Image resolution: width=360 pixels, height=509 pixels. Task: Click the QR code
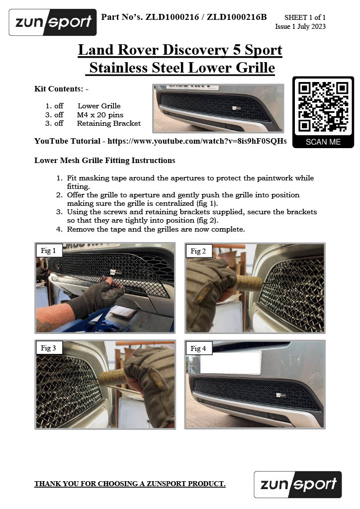click(323, 107)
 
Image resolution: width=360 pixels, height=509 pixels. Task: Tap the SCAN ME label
click(323, 142)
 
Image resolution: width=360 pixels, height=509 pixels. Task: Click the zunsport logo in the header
click(53, 22)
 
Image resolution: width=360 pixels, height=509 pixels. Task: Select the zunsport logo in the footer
click(298, 484)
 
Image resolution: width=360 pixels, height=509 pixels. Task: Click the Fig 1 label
click(48, 251)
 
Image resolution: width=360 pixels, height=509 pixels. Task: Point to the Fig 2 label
click(198, 251)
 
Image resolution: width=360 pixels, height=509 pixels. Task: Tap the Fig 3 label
click(48, 348)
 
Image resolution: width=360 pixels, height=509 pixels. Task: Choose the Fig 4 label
click(198, 348)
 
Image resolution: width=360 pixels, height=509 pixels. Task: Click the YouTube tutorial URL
click(197, 141)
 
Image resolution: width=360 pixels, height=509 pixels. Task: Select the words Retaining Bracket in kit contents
click(109, 123)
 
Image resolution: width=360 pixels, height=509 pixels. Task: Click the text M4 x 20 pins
click(100, 115)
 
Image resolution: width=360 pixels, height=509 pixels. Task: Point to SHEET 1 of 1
click(305, 17)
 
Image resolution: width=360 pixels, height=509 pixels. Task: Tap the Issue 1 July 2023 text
click(300, 26)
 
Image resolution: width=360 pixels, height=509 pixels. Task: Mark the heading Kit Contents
click(61, 88)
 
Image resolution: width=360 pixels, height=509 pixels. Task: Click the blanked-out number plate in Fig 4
click(231, 362)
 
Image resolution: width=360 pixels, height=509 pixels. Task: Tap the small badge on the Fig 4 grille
click(281, 395)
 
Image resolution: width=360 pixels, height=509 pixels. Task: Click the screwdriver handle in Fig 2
click(249, 283)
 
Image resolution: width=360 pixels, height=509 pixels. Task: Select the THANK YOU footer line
click(130, 484)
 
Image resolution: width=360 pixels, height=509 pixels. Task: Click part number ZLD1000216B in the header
click(237, 17)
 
